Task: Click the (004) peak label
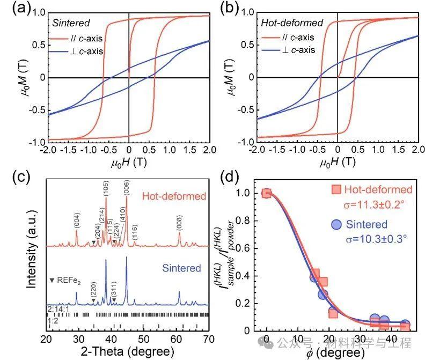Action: tap(77, 218)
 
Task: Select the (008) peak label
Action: tap(179, 218)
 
